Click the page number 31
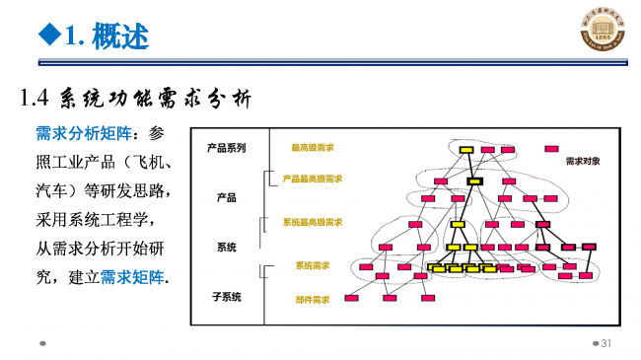point(606,343)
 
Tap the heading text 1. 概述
point(107,37)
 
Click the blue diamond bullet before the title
point(44,36)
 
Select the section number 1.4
point(36,99)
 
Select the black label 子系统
point(227,296)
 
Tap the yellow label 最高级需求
point(312,148)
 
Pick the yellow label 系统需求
point(313,265)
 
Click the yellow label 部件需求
point(313,299)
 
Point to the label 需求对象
point(584,160)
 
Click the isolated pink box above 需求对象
point(552,149)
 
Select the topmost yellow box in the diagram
point(466,150)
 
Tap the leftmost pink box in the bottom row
point(350,296)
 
